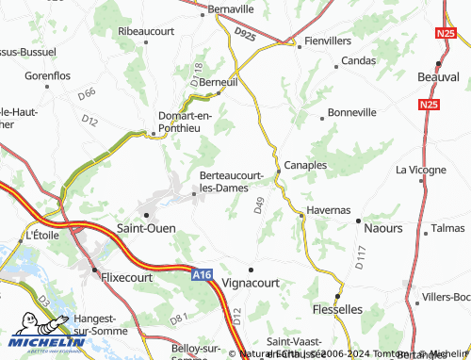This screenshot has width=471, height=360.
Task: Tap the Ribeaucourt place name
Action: tap(147, 31)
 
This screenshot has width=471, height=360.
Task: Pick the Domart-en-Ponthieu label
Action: tap(185, 123)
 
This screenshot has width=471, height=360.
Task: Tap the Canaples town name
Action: tap(304, 164)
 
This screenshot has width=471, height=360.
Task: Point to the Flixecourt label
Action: tap(125, 279)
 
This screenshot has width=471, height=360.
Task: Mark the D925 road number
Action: tap(245, 35)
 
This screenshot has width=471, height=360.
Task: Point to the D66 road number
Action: tap(87, 93)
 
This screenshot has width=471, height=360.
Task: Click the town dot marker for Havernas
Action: tap(301, 216)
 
